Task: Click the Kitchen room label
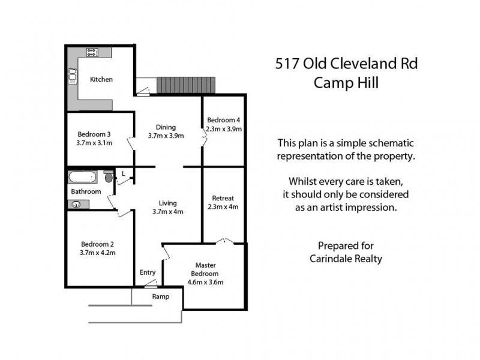pos(101,79)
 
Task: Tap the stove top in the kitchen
pos(92,52)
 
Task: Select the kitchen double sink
pos(73,76)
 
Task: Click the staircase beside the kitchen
pos(185,85)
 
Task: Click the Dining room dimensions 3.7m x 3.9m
pos(166,136)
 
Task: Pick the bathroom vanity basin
pos(76,204)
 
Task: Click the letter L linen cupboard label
pos(123,174)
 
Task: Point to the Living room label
pos(167,203)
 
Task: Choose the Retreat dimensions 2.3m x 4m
pos(223,207)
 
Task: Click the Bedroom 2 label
pos(97,244)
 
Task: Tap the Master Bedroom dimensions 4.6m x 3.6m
pos(205,282)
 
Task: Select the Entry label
pos(148,273)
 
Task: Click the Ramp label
pos(160,296)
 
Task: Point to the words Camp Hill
pos(346,83)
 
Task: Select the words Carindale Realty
pos(346,259)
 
